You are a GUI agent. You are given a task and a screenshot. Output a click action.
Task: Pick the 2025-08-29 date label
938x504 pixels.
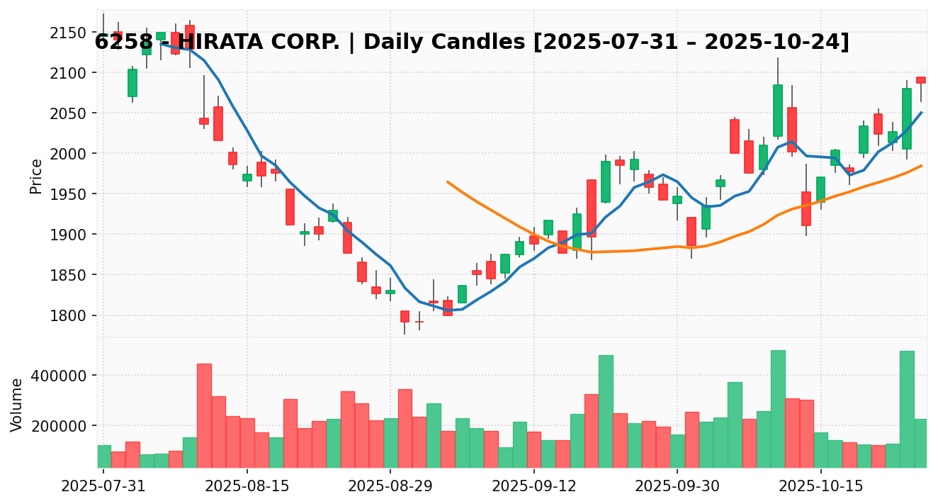(x=390, y=488)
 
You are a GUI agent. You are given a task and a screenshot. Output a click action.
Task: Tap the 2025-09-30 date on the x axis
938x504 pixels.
(x=677, y=488)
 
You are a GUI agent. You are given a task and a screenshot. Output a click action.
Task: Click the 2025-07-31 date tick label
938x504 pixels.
(x=103, y=488)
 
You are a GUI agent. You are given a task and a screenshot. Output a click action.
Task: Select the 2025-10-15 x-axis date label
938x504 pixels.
(x=820, y=488)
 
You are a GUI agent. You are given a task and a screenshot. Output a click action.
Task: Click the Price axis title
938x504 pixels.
(x=36, y=176)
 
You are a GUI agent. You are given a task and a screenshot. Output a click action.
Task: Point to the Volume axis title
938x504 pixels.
(x=17, y=405)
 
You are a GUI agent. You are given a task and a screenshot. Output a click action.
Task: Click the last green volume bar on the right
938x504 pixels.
(x=921, y=443)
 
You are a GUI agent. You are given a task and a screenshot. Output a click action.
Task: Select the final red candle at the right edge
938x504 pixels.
(x=921, y=80)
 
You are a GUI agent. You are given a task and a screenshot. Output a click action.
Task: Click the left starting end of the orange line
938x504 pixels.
(x=448, y=181)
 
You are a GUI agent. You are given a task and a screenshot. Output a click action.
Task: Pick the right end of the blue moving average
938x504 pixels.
(x=921, y=112)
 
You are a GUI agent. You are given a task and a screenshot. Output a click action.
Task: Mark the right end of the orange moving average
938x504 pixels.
(x=921, y=166)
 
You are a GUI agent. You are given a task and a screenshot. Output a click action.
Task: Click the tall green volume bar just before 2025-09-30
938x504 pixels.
(x=606, y=411)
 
